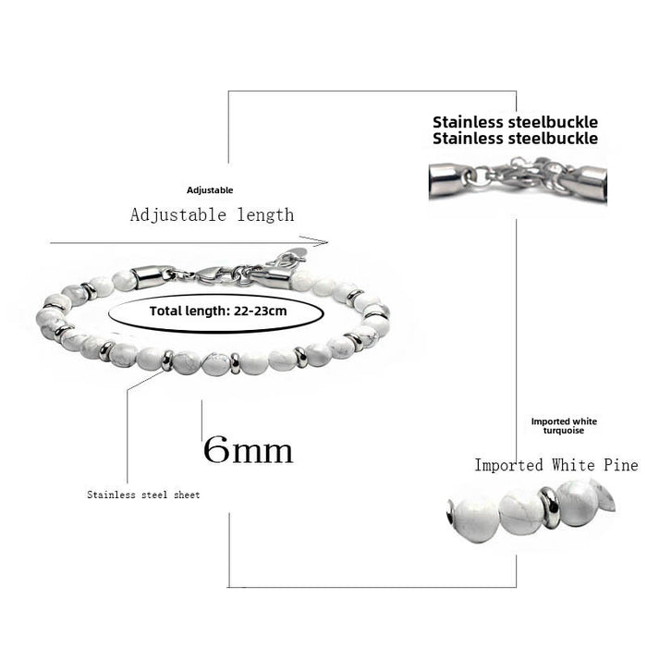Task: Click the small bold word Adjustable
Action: (x=210, y=190)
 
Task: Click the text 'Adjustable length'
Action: (x=212, y=215)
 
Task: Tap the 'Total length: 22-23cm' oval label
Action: (x=218, y=311)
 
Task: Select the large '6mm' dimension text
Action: (x=248, y=450)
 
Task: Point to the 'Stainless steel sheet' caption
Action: (x=143, y=495)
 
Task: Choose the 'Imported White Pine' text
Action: (x=555, y=465)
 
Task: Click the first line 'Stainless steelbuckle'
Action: (x=515, y=122)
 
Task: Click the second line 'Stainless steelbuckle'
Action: (x=515, y=139)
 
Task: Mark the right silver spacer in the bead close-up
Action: (x=548, y=507)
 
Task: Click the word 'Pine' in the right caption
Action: (x=618, y=465)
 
